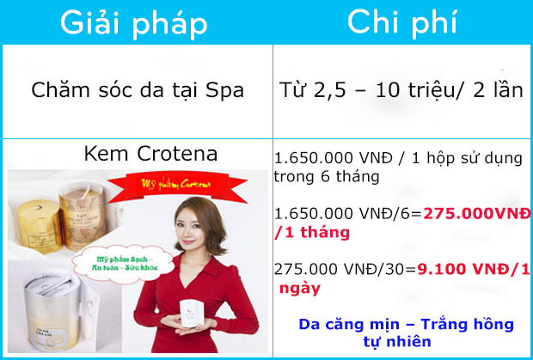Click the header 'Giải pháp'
(136, 23)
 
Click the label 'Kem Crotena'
(138, 154)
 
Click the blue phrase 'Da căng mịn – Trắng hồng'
(406, 325)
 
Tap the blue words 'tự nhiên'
(407, 341)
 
